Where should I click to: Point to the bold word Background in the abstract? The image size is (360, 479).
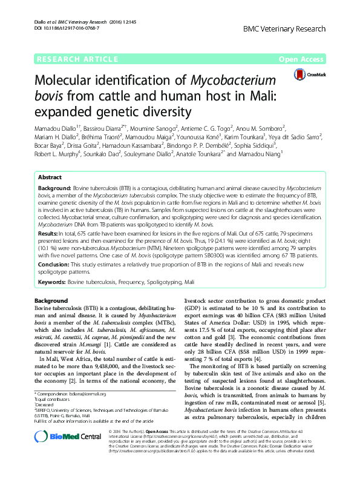tap(53, 171)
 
